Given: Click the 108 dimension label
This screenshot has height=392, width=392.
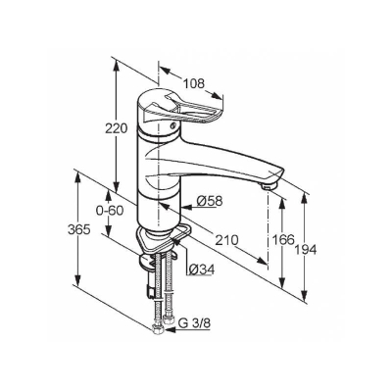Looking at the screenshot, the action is [x=193, y=83].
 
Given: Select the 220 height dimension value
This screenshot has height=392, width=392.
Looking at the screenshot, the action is [x=116, y=128].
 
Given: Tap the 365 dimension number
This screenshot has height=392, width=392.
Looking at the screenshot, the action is [x=78, y=230].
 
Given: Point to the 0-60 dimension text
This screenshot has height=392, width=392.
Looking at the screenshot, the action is [x=110, y=211].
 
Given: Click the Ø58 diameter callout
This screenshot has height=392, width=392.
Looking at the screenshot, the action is [x=210, y=201].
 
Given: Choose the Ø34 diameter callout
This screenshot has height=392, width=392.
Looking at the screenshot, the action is [x=202, y=269].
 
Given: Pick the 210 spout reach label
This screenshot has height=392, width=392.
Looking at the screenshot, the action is [x=226, y=240].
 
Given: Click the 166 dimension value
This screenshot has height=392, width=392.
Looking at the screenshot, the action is [x=283, y=240].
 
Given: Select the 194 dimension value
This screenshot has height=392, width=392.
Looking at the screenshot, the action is [x=306, y=250].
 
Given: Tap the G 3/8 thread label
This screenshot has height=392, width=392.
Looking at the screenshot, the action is [x=195, y=323].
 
